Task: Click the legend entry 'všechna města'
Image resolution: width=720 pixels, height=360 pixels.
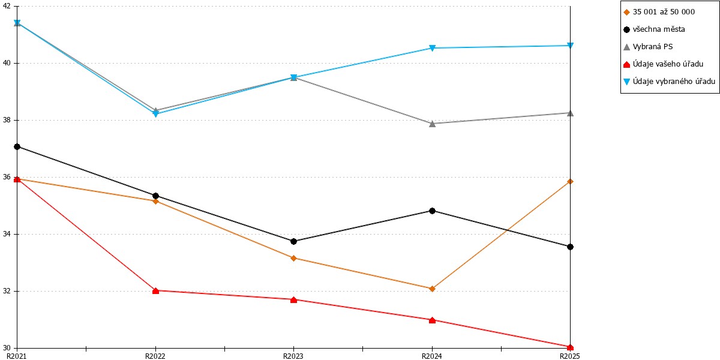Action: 659,29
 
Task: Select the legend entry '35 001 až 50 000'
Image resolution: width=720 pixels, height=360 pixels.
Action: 664,12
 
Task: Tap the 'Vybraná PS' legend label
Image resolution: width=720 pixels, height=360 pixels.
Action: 653,47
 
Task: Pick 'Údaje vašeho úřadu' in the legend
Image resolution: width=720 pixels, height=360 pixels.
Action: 668,64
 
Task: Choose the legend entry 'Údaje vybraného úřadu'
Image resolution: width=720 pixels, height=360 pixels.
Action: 674,82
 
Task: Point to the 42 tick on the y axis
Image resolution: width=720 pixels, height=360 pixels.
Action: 7,6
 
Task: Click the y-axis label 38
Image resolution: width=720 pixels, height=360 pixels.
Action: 7,120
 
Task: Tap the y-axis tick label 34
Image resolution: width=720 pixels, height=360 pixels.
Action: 7,234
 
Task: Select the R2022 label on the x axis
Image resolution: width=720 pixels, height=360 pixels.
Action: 155,356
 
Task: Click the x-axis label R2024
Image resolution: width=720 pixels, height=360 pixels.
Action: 432,356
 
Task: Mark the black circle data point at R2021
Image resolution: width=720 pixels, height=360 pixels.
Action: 17,147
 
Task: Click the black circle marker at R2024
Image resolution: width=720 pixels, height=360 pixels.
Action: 433,211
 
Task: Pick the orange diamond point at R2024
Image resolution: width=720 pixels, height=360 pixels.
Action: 433,289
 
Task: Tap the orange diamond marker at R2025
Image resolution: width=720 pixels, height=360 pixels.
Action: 570,182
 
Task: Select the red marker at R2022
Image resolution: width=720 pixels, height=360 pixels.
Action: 155,291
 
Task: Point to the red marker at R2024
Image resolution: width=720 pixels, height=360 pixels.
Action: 433,320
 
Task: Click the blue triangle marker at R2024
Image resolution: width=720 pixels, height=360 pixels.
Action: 433,48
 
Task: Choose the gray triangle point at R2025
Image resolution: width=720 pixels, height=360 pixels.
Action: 570,113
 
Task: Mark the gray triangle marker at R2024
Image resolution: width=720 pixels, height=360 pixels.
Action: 433,124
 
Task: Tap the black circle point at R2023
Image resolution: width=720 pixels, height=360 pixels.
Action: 293,241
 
